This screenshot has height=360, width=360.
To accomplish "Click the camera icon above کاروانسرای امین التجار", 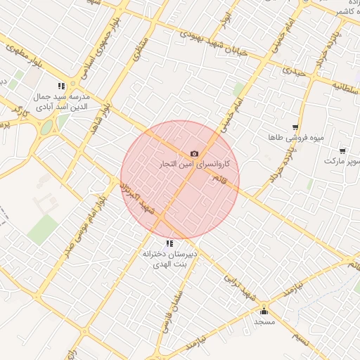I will tap(194, 154).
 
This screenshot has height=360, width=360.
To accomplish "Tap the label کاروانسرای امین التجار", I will tap(198, 163).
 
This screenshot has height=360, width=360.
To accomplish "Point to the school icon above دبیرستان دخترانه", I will tap(169, 243).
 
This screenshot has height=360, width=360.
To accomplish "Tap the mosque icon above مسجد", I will tap(264, 311).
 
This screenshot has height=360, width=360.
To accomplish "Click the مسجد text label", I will tap(264, 321).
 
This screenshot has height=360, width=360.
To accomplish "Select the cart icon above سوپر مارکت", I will tap(342, 150).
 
